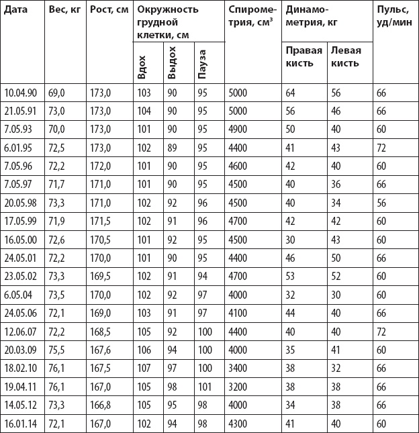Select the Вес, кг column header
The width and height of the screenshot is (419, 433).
[x=64, y=11]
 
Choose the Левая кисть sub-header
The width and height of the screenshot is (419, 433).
[x=346, y=56]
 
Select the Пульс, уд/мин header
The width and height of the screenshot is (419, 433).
[x=392, y=17]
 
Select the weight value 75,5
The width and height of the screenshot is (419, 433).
[x=58, y=350]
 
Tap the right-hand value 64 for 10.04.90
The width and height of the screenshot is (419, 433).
[x=291, y=92]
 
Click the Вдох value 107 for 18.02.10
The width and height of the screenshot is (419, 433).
[x=144, y=369]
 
